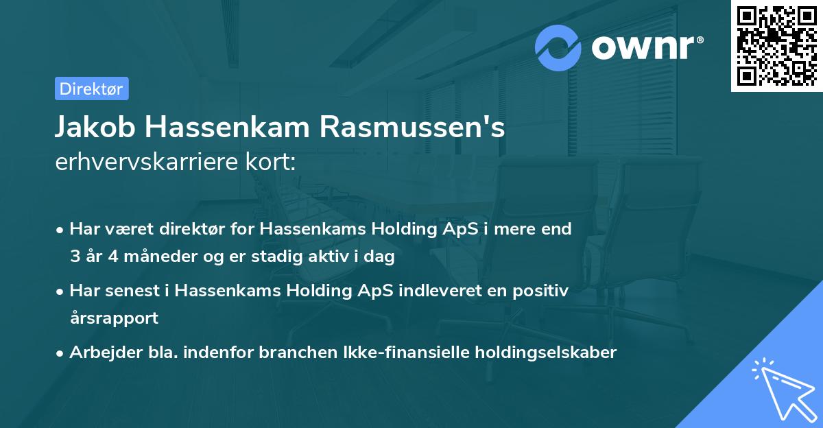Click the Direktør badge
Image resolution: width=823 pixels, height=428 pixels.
(92, 88)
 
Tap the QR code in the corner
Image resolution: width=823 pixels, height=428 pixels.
(776, 45)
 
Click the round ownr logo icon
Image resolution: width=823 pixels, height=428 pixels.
(558, 47)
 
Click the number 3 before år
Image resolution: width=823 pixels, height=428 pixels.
(75, 257)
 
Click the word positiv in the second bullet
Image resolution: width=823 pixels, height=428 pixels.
(544, 291)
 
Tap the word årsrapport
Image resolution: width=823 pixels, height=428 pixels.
(114, 318)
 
